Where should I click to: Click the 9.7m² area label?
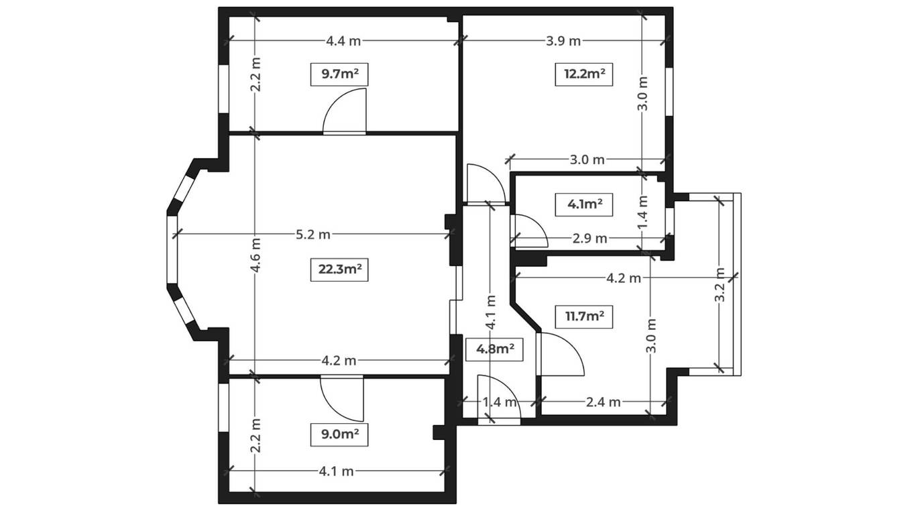[x=339, y=74]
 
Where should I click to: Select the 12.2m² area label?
[x=584, y=74]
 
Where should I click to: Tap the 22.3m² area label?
[x=339, y=270]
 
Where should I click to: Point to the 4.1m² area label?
[x=584, y=205]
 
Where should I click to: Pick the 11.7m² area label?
[x=584, y=317]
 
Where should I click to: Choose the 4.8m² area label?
[x=494, y=349]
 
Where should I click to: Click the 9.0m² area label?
[x=339, y=435]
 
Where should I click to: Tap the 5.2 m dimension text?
[x=313, y=235]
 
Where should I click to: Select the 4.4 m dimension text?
[x=343, y=42]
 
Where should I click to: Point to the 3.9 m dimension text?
[x=563, y=42]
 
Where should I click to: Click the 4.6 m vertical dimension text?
[x=256, y=255]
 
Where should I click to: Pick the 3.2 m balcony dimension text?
[x=720, y=285]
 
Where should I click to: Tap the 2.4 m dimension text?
[x=603, y=402]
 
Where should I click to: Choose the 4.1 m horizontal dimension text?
[x=336, y=471]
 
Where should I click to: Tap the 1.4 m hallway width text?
[x=500, y=402]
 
